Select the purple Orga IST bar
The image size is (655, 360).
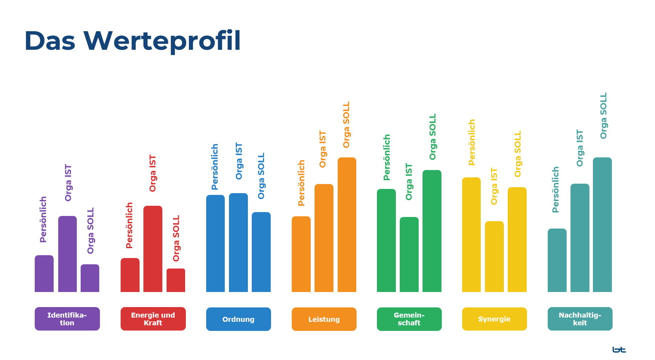[67, 254]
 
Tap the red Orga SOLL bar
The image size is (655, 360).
[176, 280]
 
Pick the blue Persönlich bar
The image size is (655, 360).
[215, 243]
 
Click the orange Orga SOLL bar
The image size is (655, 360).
[347, 225]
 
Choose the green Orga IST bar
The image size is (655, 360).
[409, 254]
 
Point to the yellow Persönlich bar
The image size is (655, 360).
[471, 235]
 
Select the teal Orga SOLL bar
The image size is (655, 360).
[602, 225]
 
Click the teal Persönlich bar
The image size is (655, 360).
[557, 260]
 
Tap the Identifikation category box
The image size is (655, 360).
[67, 319]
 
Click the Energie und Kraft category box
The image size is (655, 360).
[153, 319]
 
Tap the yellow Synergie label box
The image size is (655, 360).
[494, 319]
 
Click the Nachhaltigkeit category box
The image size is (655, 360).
[580, 319]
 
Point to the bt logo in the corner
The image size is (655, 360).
[619, 349]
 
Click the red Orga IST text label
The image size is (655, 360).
[153, 174]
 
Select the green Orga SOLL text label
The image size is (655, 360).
[432, 137]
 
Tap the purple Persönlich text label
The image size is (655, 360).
[43, 219]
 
